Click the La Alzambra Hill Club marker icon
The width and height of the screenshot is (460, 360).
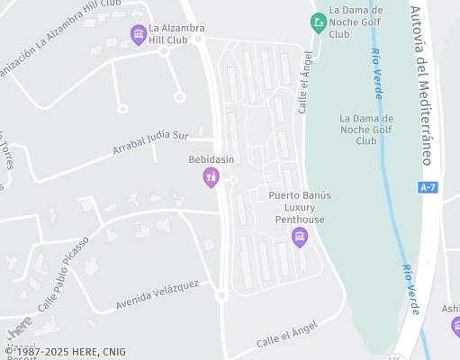139,35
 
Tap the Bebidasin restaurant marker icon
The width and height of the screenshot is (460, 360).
212,177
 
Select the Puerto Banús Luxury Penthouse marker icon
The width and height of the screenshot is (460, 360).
300,238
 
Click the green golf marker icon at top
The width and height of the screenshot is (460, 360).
318,22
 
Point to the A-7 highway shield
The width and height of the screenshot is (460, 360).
428,187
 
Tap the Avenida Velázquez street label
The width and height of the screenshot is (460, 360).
157,298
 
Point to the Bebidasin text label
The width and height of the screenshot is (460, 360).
212,159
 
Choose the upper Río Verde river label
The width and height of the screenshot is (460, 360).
382,68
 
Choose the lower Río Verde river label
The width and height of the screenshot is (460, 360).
410,288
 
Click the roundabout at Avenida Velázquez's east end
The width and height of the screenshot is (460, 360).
221,294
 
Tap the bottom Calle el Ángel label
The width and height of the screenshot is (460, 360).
287,333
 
